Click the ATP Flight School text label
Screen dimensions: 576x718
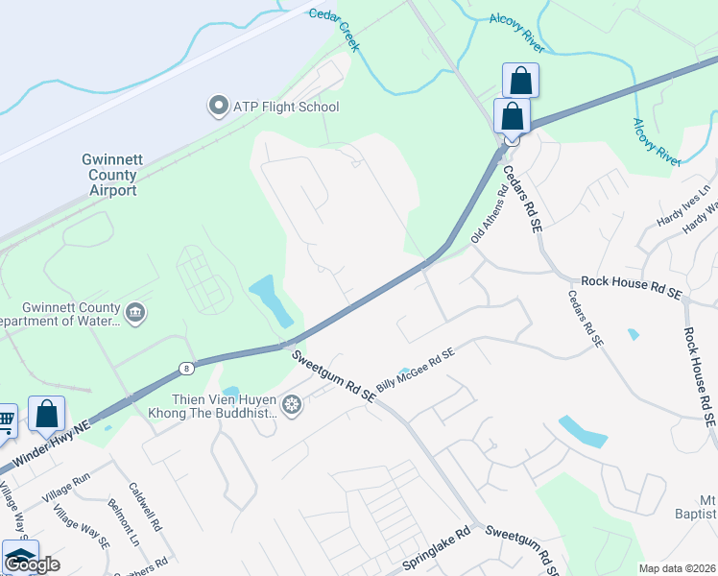coord(286,107)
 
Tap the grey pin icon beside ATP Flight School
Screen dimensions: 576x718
coord(218,106)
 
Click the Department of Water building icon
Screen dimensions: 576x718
coord(135,313)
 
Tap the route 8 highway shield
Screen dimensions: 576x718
coord(185,367)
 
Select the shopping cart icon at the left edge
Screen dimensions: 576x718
coord(5,419)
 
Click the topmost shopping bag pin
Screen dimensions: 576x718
coord(519,81)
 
